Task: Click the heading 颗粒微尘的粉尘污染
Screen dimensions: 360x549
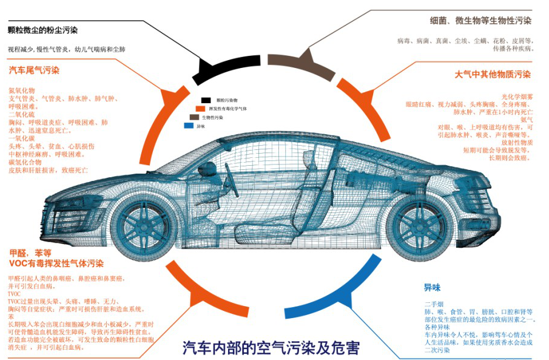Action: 42,30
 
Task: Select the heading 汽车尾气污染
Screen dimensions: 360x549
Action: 34,70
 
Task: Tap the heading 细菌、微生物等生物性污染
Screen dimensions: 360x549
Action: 480,21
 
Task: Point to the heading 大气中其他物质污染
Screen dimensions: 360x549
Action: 493,75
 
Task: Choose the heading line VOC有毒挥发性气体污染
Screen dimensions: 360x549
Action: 56,263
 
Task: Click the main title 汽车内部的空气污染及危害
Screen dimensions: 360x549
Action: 271,348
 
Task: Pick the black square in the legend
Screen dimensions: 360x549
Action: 206,100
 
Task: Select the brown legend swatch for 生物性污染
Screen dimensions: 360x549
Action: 194,117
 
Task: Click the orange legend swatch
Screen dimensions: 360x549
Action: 200,108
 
